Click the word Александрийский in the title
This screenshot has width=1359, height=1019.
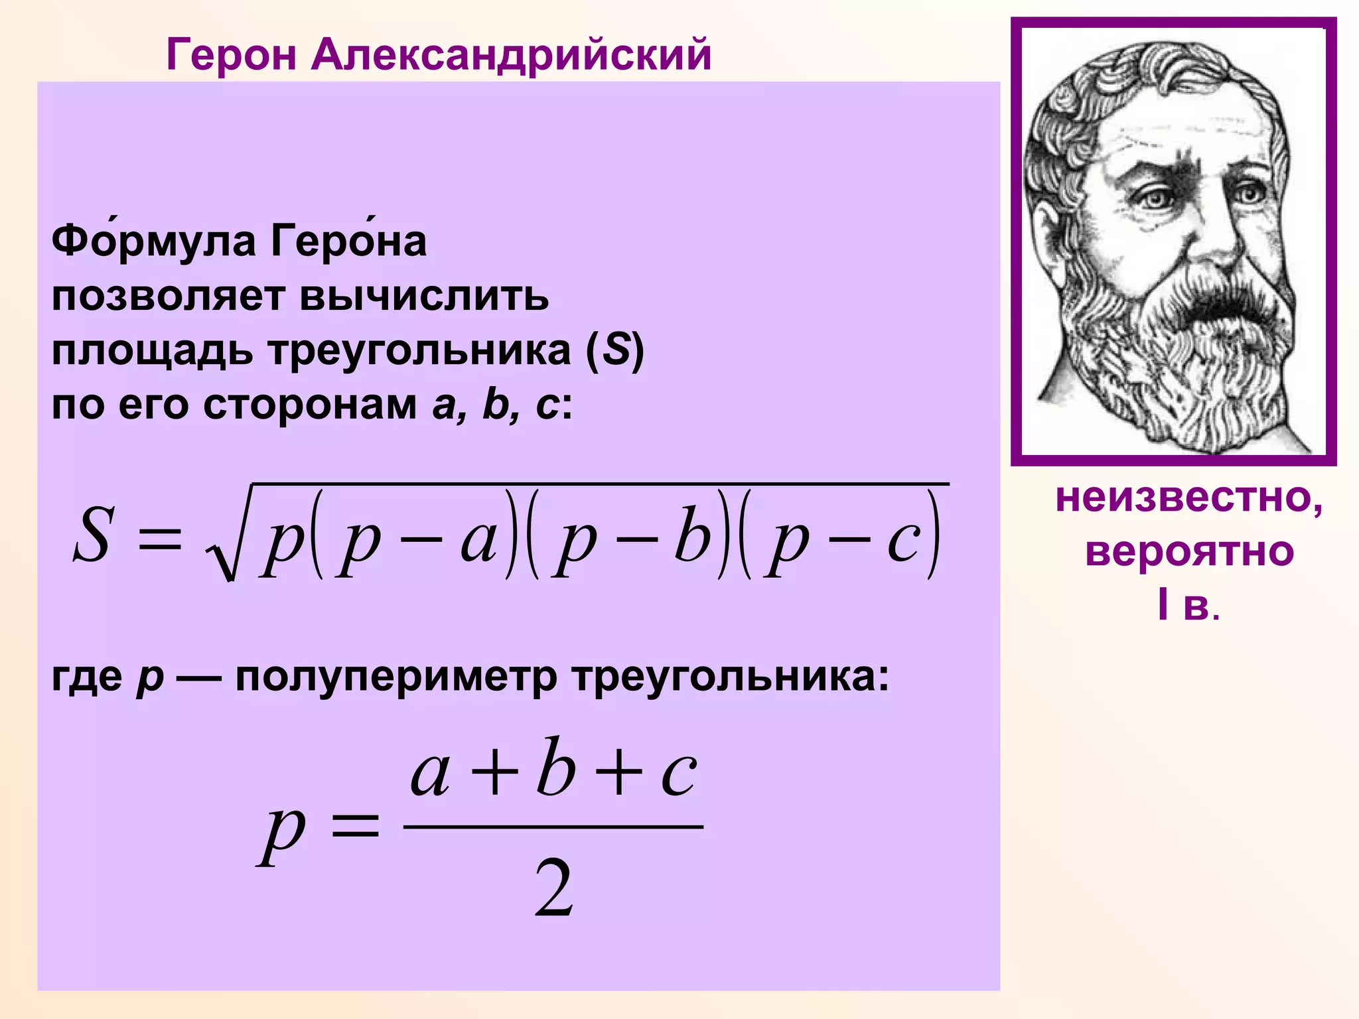(x=511, y=54)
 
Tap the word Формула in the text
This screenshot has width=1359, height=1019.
(x=153, y=241)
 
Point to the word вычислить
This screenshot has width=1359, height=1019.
(x=425, y=297)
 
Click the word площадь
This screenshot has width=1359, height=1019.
(x=152, y=352)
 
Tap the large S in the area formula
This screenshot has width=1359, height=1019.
(x=92, y=535)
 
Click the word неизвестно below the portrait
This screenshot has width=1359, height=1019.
(x=1188, y=498)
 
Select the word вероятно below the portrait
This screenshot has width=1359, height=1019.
(x=1189, y=552)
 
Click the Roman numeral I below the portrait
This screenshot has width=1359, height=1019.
(x=1163, y=605)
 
